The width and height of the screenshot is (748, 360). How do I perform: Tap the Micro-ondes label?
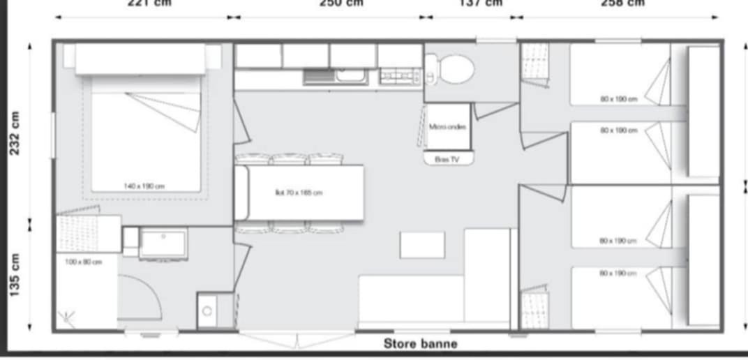[x=447, y=127]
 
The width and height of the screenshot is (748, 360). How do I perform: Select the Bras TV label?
[x=447, y=159]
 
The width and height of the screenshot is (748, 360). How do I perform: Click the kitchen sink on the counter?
[x=335, y=76]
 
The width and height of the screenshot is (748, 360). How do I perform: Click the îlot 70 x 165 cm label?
[x=298, y=193]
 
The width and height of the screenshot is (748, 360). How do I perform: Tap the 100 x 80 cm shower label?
[x=84, y=262]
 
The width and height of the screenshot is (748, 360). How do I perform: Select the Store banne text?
[x=420, y=343]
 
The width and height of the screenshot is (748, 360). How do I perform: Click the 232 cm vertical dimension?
[x=16, y=133]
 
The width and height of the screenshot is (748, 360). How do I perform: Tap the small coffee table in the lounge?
[x=422, y=245]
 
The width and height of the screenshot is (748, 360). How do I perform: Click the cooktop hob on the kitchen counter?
[x=399, y=76]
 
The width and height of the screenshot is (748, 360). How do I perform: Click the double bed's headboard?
[x=140, y=59]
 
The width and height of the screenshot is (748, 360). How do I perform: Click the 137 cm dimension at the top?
[x=480, y=3]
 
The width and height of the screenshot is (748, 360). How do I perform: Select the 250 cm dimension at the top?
[x=341, y=3]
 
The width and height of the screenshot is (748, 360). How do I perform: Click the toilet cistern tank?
[x=431, y=69]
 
